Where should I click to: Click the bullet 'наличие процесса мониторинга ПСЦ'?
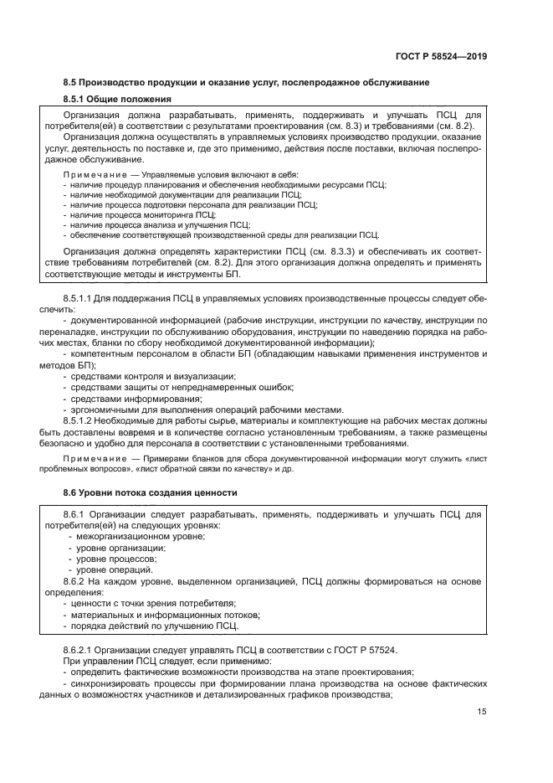click(x=142, y=214)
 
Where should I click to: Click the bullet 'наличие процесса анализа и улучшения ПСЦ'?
click(x=160, y=224)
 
